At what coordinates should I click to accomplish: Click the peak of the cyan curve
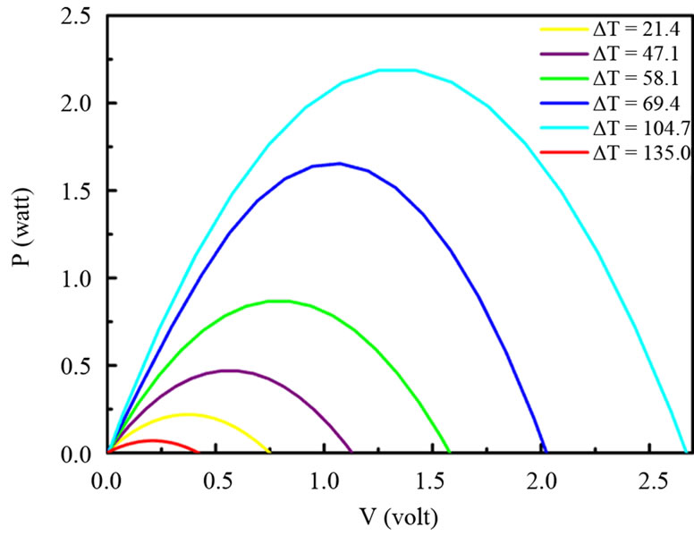(x=397, y=69)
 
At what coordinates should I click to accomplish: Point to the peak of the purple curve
(x=230, y=370)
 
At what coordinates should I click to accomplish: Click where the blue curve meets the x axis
(x=545, y=453)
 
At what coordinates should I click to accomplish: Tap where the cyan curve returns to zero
(x=684, y=453)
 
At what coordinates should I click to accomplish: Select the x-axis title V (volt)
(x=391, y=516)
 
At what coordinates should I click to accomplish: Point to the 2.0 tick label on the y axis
(x=73, y=103)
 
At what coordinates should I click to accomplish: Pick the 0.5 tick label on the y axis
(x=73, y=366)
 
